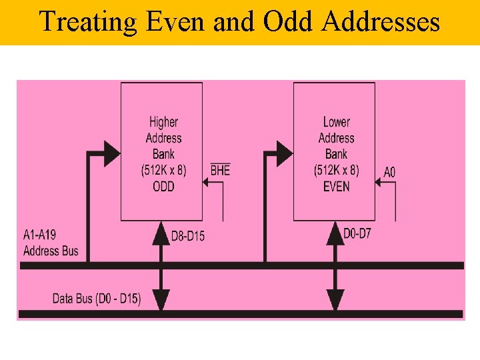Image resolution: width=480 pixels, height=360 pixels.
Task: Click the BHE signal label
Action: pyautogui.click(x=220, y=171)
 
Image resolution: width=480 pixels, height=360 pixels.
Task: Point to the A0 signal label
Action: pyautogui.click(x=389, y=172)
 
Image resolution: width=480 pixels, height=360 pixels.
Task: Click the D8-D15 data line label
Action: pyautogui.click(x=188, y=235)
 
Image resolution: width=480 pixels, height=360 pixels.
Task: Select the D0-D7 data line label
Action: pyautogui.click(x=357, y=234)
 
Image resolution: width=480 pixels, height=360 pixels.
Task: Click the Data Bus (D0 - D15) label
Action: pyautogui.click(x=97, y=299)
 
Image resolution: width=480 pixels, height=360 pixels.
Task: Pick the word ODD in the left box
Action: pyautogui.click(x=163, y=187)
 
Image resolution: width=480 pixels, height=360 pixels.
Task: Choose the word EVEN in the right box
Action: pyautogui.click(x=336, y=187)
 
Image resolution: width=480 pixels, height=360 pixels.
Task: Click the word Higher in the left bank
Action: pyautogui.click(x=163, y=122)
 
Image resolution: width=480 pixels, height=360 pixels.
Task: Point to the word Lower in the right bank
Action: pyautogui.click(x=336, y=122)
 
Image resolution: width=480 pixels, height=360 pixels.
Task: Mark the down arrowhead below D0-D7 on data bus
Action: pyautogui.click(x=335, y=299)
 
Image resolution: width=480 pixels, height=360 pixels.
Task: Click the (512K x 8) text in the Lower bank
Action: pyautogui.click(x=336, y=171)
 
